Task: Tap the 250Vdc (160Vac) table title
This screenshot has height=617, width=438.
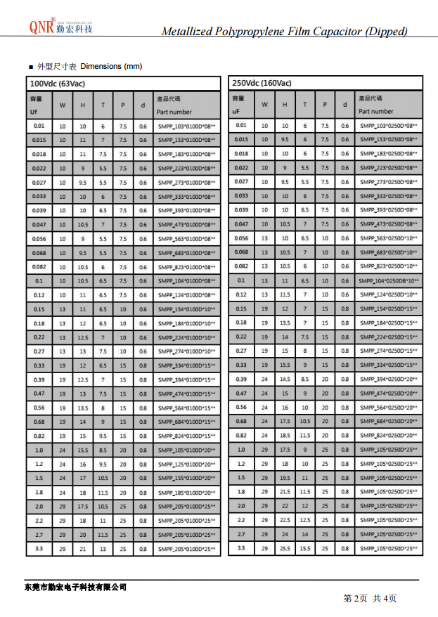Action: click(x=262, y=84)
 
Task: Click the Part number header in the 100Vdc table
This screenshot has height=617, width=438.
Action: click(x=174, y=112)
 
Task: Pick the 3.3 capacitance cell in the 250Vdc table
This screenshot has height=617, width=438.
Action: click(x=241, y=548)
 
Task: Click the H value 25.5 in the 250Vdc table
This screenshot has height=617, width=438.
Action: click(x=285, y=548)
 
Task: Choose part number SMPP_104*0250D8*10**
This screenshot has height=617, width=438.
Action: click(x=388, y=280)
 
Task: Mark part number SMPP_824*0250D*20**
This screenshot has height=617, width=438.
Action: click(x=388, y=436)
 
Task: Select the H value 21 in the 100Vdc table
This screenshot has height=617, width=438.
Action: click(x=83, y=548)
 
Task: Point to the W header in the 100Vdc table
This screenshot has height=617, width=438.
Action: click(x=63, y=105)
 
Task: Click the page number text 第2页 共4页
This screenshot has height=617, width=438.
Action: click(x=370, y=598)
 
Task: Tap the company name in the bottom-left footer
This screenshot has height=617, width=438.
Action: click(x=75, y=587)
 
